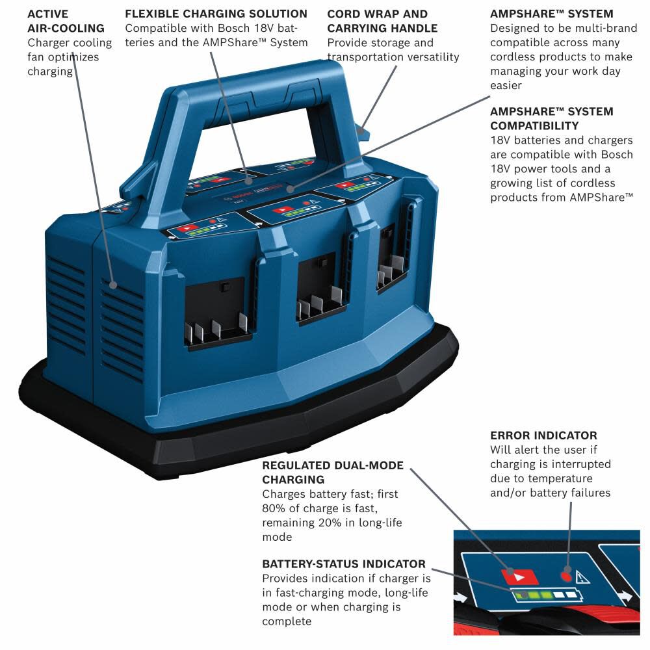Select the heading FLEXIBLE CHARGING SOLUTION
[216, 14]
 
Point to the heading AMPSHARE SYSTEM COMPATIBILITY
[551, 118]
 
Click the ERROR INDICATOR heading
[543, 435]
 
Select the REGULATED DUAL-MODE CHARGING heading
[333, 473]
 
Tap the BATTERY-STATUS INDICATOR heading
[344, 564]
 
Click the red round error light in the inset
[565, 576]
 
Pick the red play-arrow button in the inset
[519, 576]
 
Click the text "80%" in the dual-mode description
[274, 508]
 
